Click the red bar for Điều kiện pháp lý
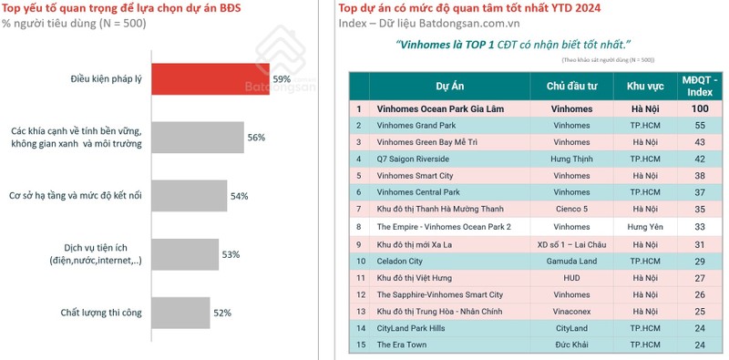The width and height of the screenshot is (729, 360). (209, 78)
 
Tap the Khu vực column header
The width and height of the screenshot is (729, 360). (644, 87)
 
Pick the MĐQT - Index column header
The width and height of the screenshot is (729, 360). (700, 87)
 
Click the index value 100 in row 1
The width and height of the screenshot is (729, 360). (700, 108)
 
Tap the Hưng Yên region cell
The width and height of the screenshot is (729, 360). (644, 226)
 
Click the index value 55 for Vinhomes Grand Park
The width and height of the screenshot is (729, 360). (700, 125)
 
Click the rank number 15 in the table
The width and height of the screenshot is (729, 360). (359, 345)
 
